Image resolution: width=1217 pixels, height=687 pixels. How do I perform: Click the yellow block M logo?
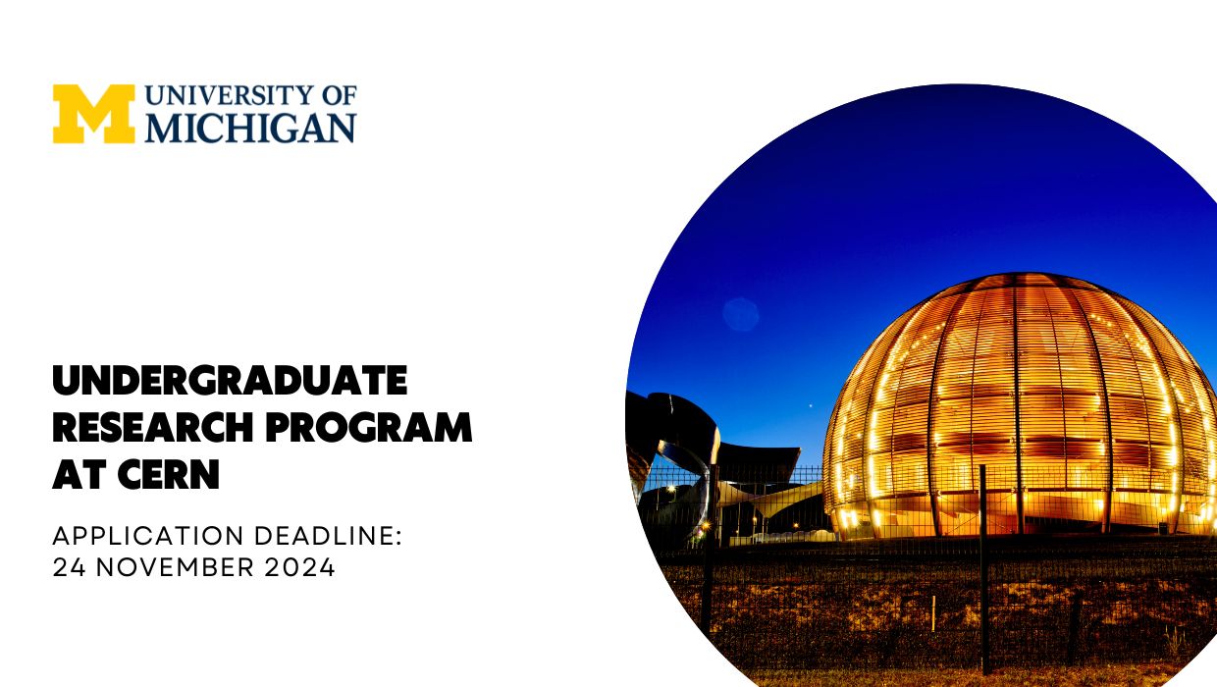point(93,114)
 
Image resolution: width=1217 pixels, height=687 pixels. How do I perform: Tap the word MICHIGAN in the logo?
point(250,129)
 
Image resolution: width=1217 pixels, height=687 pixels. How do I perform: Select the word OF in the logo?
point(340,96)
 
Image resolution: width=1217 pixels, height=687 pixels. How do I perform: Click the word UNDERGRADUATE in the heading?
point(229,380)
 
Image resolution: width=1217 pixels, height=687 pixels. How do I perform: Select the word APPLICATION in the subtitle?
point(147,536)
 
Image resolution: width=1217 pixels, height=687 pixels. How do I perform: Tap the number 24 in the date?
point(67,567)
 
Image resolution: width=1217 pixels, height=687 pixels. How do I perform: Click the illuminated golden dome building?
point(1021,412)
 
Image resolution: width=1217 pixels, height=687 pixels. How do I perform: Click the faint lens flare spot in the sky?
point(741,314)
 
